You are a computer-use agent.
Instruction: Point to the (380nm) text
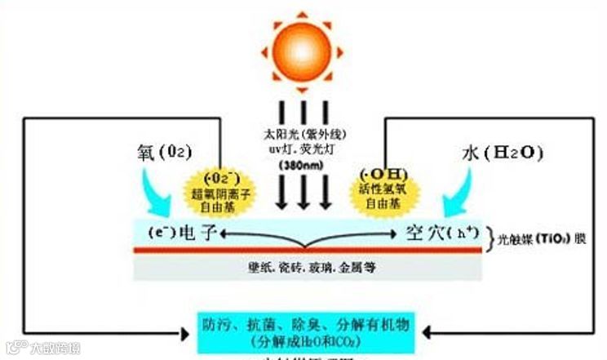pyautogui.click(x=303, y=161)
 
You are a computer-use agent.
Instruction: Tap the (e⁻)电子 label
pyautogui.click(x=182, y=233)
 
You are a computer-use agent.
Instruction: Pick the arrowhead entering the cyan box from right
pyautogui.click(x=427, y=333)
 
